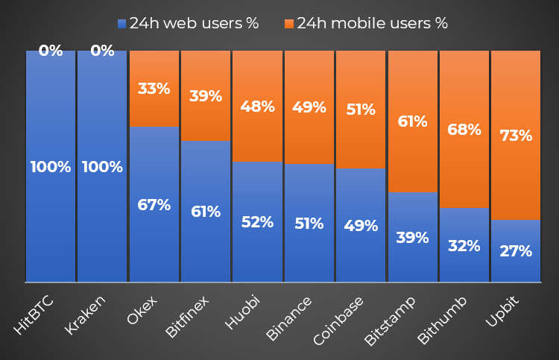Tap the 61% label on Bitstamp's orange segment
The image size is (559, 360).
tap(412, 121)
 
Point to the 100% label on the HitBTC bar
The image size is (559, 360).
tap(51, 167)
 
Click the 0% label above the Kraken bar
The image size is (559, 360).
tap(102, 51)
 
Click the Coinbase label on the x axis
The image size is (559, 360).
tap(338, 321)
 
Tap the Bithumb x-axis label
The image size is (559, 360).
tap(443, 320)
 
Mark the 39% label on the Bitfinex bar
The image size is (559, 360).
tap(206, 96)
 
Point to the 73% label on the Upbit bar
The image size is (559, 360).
tap(516, 136)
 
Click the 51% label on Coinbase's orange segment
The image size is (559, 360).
tap(361, 110)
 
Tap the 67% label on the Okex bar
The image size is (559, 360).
tap(154, 205)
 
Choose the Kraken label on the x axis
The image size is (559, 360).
tap(85, 315)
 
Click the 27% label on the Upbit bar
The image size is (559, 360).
tap(516, 251)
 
